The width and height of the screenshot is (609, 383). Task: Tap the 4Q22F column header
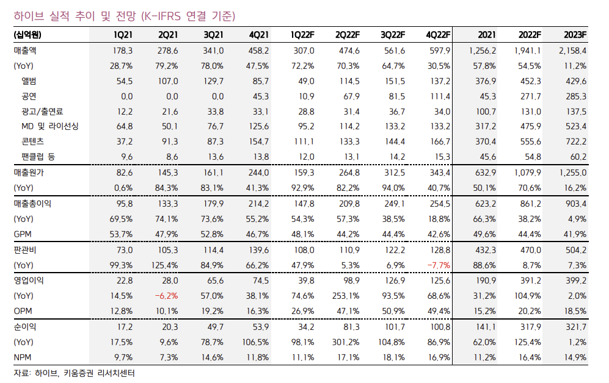(x=438, y=34)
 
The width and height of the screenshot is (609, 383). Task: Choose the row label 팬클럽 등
(x=38, y=157)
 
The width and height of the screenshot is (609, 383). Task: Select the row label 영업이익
(x=29, y=281)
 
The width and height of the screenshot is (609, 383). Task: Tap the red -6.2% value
(x=166, y=296)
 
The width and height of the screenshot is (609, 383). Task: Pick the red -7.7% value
(x=439, y=265)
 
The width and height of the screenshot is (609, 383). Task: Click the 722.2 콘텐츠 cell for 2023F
(x=575, y=141)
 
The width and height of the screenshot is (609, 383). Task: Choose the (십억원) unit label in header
(x=28, y=34)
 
